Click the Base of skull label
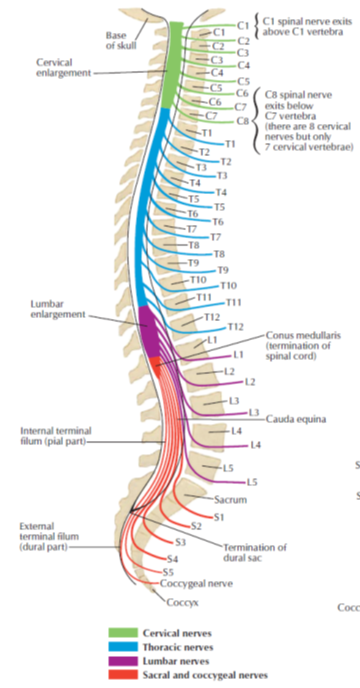(118, 39)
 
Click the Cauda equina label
(297, 419)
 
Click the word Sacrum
(232, 498)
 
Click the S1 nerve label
(219, 516)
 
